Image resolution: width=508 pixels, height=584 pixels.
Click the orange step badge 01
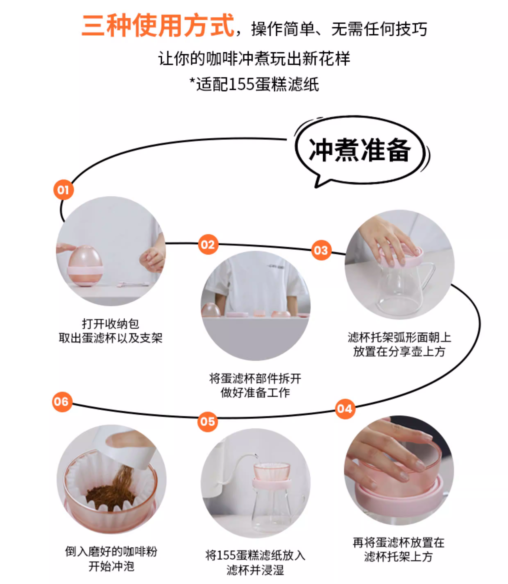coord(63,190)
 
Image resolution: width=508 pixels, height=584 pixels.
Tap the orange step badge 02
coord(208,244)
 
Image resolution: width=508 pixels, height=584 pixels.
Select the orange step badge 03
coord(321,250)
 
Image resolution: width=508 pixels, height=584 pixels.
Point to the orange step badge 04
coord(345,409)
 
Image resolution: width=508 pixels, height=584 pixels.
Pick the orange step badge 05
coord(208,422)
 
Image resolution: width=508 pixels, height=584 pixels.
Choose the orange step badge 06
coord(62,402)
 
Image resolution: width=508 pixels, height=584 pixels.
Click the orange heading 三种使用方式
coord(158,26)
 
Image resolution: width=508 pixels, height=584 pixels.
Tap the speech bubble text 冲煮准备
coord(359,150)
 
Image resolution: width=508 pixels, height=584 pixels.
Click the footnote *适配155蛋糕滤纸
coord(254,84)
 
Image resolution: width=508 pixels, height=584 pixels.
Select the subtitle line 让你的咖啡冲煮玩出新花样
coord(254,59)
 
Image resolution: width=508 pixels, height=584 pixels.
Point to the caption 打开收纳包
coord(111,324)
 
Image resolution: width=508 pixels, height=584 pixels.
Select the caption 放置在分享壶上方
coord(399,351)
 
